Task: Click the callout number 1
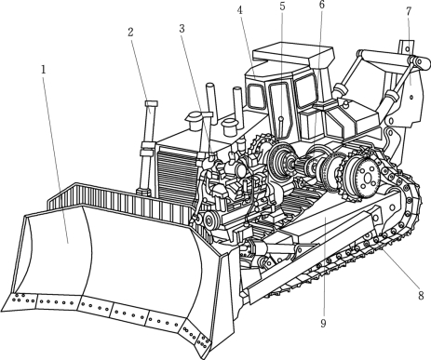(44, 70)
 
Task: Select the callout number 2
(130, 32)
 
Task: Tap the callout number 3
(182, 28)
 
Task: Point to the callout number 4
(239, 10)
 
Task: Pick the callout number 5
(282, 7)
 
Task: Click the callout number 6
(321, 5)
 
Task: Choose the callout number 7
(409, 11)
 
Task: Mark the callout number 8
(421, 295)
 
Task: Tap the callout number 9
(323, 323)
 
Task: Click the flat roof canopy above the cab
(293, 55)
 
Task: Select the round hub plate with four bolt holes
(368, 179)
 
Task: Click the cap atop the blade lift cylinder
(151, 103)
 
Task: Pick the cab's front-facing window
(255, 97)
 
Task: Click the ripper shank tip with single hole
(407, 47)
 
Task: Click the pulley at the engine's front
(209, 220)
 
